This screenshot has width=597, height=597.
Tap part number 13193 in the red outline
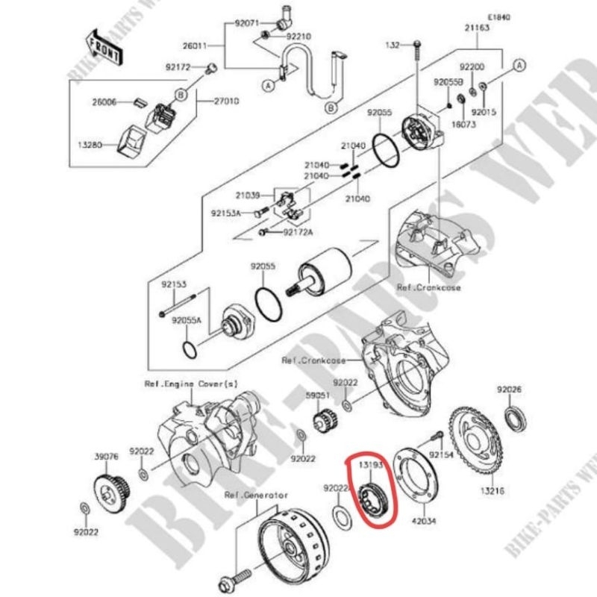click(372, 465)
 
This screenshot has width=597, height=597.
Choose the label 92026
click(510, 390)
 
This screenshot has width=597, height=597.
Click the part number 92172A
click(298, 232)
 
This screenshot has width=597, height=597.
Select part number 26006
click(104, 101)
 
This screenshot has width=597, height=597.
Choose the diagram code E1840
click(499, 16)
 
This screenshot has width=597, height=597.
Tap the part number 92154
click(441, 453)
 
